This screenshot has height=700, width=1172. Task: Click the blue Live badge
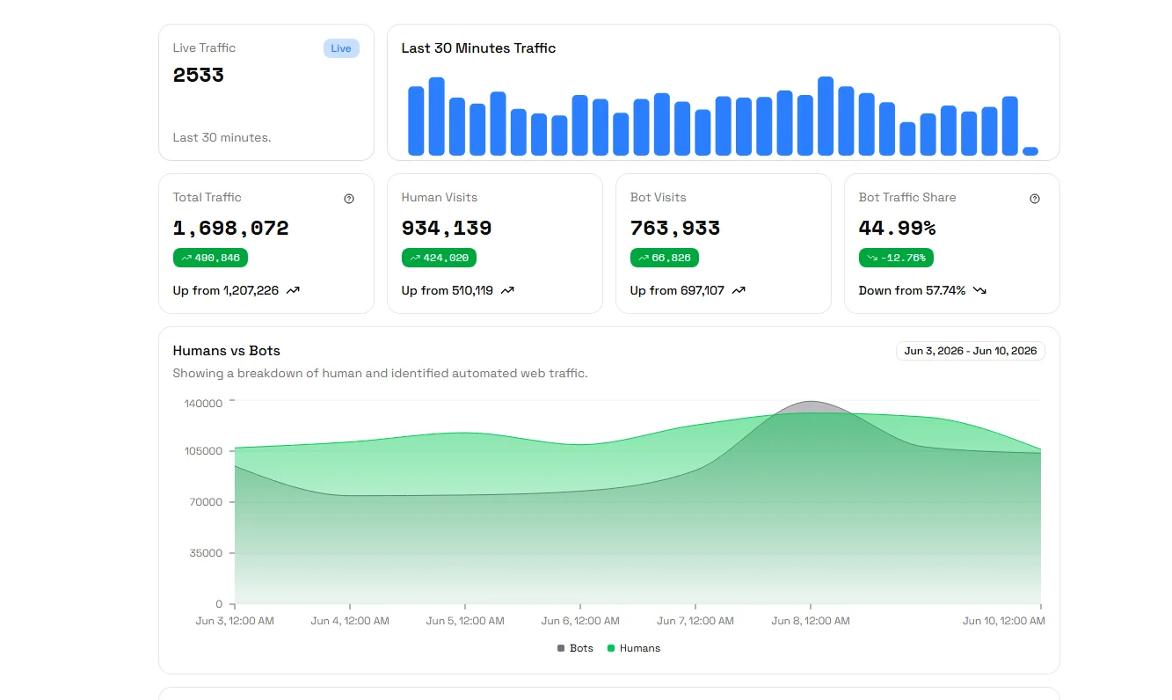(x=341, y=48)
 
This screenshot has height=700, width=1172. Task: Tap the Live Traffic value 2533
(x=199, y=76)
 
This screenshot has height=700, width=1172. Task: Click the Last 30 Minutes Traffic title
(x=478, y=48)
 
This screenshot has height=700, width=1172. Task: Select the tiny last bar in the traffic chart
(x=1030, y=151)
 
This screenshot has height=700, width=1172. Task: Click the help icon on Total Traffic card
(x=349, y=199)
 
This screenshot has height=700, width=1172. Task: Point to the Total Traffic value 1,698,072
(x=230, y=228)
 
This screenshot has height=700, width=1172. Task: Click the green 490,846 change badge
(x=210, y=258)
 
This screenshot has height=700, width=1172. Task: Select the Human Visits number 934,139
(x=447, y=228)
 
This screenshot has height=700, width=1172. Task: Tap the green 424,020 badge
(x=439, y=258)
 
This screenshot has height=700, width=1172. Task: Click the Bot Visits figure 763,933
(x=675, y=228)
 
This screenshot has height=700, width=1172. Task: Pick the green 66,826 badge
(x=665, y=258)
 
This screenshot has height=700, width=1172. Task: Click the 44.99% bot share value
(x=897, y=228)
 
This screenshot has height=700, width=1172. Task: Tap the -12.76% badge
(x=896, y=258)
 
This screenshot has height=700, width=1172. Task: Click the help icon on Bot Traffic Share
(x=1034, y=199)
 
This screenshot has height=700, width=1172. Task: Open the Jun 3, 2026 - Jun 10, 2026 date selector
(x=971, y=351)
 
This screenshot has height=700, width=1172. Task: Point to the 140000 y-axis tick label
(x=203, y=404)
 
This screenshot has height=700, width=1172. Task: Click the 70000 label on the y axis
(x=206, y=502)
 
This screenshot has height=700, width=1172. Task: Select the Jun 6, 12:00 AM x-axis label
(x=580, y=621)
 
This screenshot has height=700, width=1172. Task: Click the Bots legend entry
(x=575, y=648)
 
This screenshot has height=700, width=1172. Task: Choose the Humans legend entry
(x=634, y=648)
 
